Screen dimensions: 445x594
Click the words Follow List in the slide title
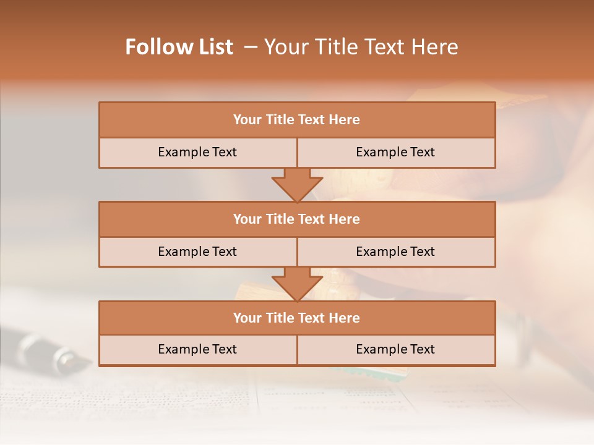[x=179, y=47]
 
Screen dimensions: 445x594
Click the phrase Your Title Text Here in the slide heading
[x=361, y=47]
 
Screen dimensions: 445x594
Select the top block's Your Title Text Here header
[x=296, y=120]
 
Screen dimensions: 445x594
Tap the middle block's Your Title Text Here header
[x=296, y=219]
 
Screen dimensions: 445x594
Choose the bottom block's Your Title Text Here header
[x=296, y=318]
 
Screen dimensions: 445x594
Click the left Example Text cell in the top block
[x=197, y=153]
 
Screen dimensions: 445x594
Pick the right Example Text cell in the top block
[x=395, y=153]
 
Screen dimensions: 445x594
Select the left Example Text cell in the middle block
[x=197, y=252]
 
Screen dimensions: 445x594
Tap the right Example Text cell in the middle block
[x=395, y=252]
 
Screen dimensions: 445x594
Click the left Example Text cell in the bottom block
[x=197, y=350]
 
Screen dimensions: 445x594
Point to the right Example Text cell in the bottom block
[x=395, y=350]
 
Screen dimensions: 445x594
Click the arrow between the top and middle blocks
[x=297, y=184]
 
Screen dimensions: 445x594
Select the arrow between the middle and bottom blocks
[x=297, y=284]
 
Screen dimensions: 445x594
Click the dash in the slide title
[x=251, y=47]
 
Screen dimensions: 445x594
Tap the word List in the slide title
[x=212, y=47]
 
